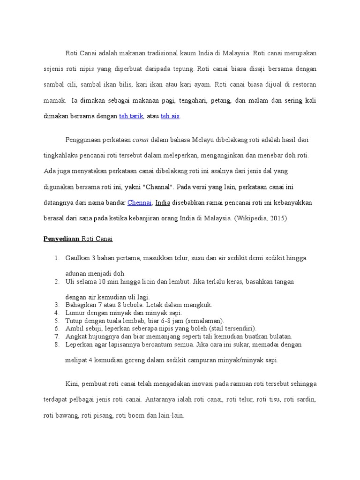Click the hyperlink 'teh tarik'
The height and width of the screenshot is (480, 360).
pyautogui.click(x=131, y=116)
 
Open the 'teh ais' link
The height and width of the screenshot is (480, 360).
pyautogui.click(x=170, y=116)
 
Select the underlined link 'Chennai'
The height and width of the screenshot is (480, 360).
pyautogui.click(x=139, y=202)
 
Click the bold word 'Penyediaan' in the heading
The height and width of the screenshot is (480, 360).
pyautogui.click(x=61, y=239)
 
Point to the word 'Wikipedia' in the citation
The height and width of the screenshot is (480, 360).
pyautogui.click(x=254, y=218)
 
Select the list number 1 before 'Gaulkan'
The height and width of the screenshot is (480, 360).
pyautogui.click(x=56, y=258)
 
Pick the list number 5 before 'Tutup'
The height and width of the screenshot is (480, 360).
pyautogui.click(x=56, y=321)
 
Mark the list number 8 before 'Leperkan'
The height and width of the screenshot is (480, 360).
pyautogui.click(x=56, y=344)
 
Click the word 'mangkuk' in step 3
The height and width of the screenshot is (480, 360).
pyautogui.click(x=200, y=305)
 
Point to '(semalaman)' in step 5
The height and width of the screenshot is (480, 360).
pyautogui.click(x=205, y=321)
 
